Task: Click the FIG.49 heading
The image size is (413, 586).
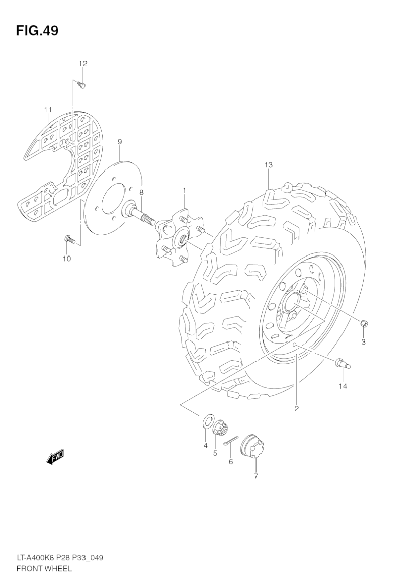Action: pos(37,30)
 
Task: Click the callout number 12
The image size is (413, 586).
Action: pos(83,63)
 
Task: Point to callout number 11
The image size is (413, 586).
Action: pos(48,109)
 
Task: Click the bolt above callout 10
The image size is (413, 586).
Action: pos(70,239)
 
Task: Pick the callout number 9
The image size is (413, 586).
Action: pos(120,142)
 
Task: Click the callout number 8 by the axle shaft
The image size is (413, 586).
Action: pos(141,192)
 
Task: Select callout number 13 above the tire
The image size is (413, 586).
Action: pos(268,164)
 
